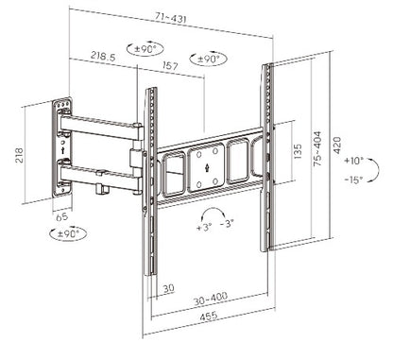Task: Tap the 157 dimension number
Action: [172, 67]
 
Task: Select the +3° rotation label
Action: [205, 228]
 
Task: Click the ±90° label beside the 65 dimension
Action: [69, 232]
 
